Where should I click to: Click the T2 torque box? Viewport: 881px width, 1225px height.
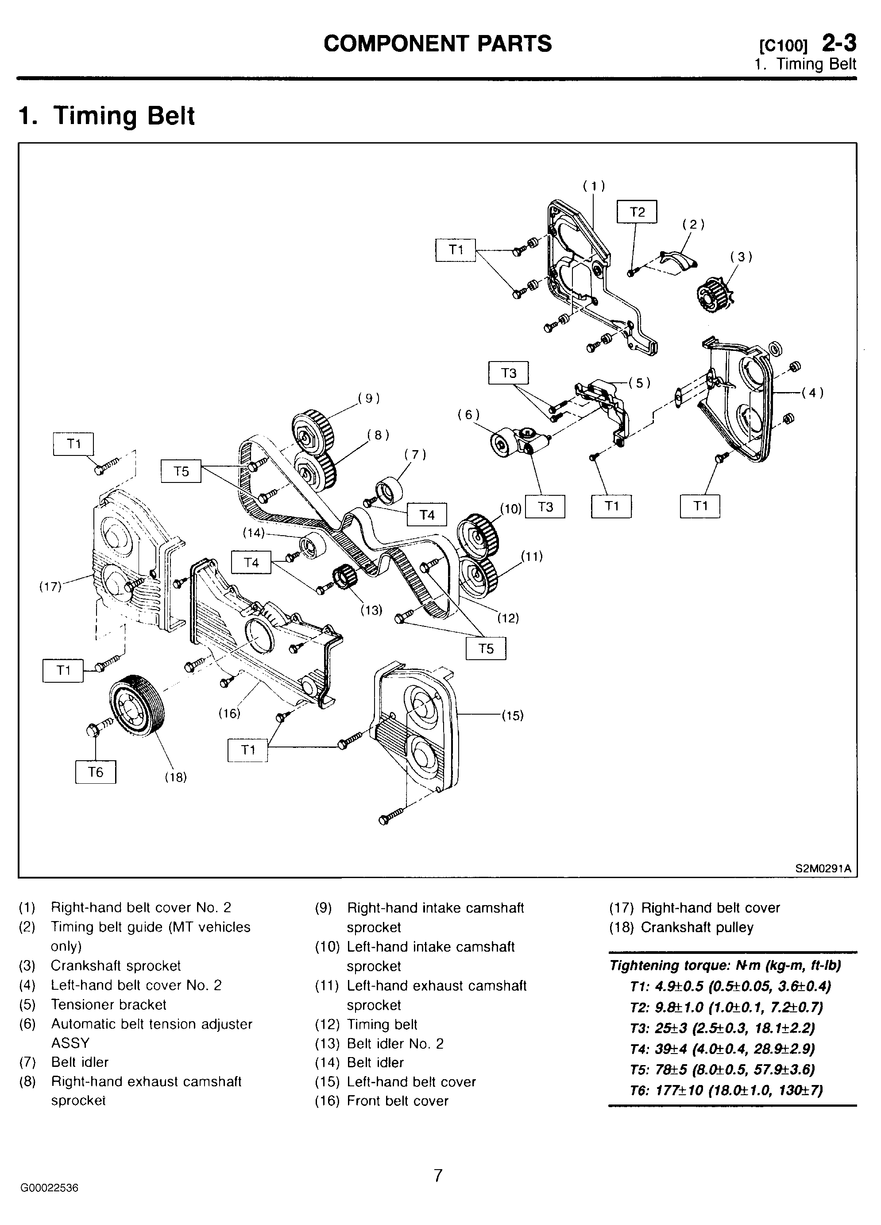coord(637,212)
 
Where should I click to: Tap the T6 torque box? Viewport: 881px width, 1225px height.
coord(96,772)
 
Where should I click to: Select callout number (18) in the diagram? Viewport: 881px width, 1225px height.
coord(175,777)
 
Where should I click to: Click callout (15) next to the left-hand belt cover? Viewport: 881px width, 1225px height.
coord(512,716)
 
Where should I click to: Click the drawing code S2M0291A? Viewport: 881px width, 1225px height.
coord(823,868)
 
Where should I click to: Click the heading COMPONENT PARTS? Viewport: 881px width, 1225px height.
coord(438,44)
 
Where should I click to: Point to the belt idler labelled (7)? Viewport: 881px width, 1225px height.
coord(388,490)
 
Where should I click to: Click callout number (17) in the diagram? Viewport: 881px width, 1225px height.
coord(50,587)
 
